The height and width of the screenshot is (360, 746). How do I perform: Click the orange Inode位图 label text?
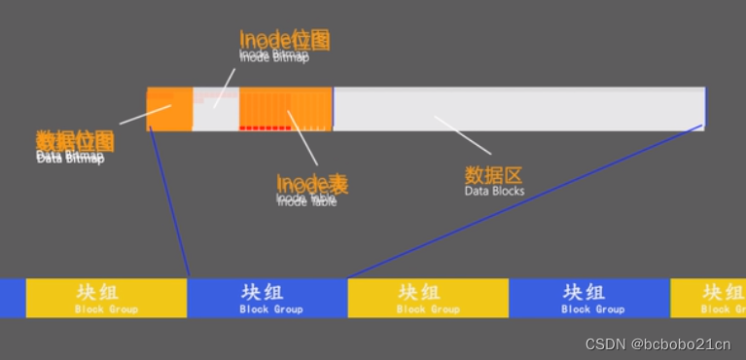[284, 39]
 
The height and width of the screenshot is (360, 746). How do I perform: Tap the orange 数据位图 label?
[75, 141]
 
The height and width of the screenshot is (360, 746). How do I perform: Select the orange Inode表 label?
[312, 183]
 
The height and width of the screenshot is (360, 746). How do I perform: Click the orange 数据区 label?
[494, 175]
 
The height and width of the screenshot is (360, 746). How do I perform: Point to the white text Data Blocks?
[494, 192]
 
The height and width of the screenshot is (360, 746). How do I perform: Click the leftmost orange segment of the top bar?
[169, 108]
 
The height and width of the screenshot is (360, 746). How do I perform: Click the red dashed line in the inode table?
[266, 127]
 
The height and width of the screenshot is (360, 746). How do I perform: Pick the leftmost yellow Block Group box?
[106, 298]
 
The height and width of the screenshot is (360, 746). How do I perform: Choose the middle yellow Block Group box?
[428, 298]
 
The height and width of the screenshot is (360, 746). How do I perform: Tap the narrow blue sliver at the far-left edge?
[12, 298]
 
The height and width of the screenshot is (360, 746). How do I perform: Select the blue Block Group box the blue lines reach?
[267, 298]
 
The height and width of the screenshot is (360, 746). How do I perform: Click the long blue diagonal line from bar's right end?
[525, 201]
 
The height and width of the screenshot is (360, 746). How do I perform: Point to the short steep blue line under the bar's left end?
[169, 202]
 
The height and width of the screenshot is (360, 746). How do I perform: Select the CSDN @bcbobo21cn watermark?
[657, 343]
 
